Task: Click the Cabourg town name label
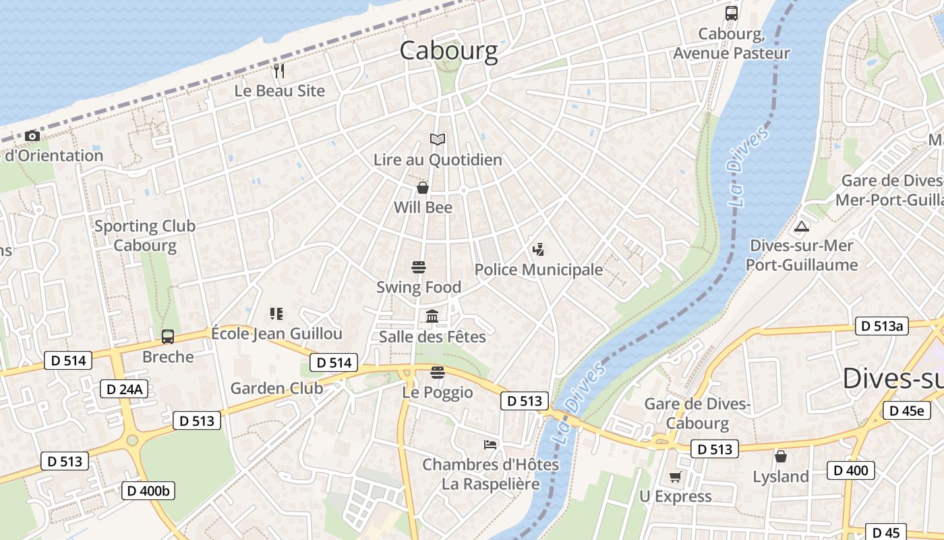[448, 51]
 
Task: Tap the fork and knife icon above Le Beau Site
[279, 70]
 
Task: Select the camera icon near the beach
[32, 136]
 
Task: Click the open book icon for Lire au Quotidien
[438, 140]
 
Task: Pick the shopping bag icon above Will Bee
[423, 188]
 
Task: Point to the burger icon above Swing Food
[419, 267]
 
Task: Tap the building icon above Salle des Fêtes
[432, 316]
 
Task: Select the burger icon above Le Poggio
[438, 372]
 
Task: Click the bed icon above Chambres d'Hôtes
[490, 444]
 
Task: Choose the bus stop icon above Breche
[168, 336]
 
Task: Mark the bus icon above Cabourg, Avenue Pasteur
[731, 13]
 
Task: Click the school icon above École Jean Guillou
[276, 313]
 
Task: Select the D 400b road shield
[148, 491]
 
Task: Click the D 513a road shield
[882, 326]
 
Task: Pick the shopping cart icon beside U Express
[675, 477]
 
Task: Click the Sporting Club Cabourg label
[145, 236]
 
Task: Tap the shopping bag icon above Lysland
[780, 456]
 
